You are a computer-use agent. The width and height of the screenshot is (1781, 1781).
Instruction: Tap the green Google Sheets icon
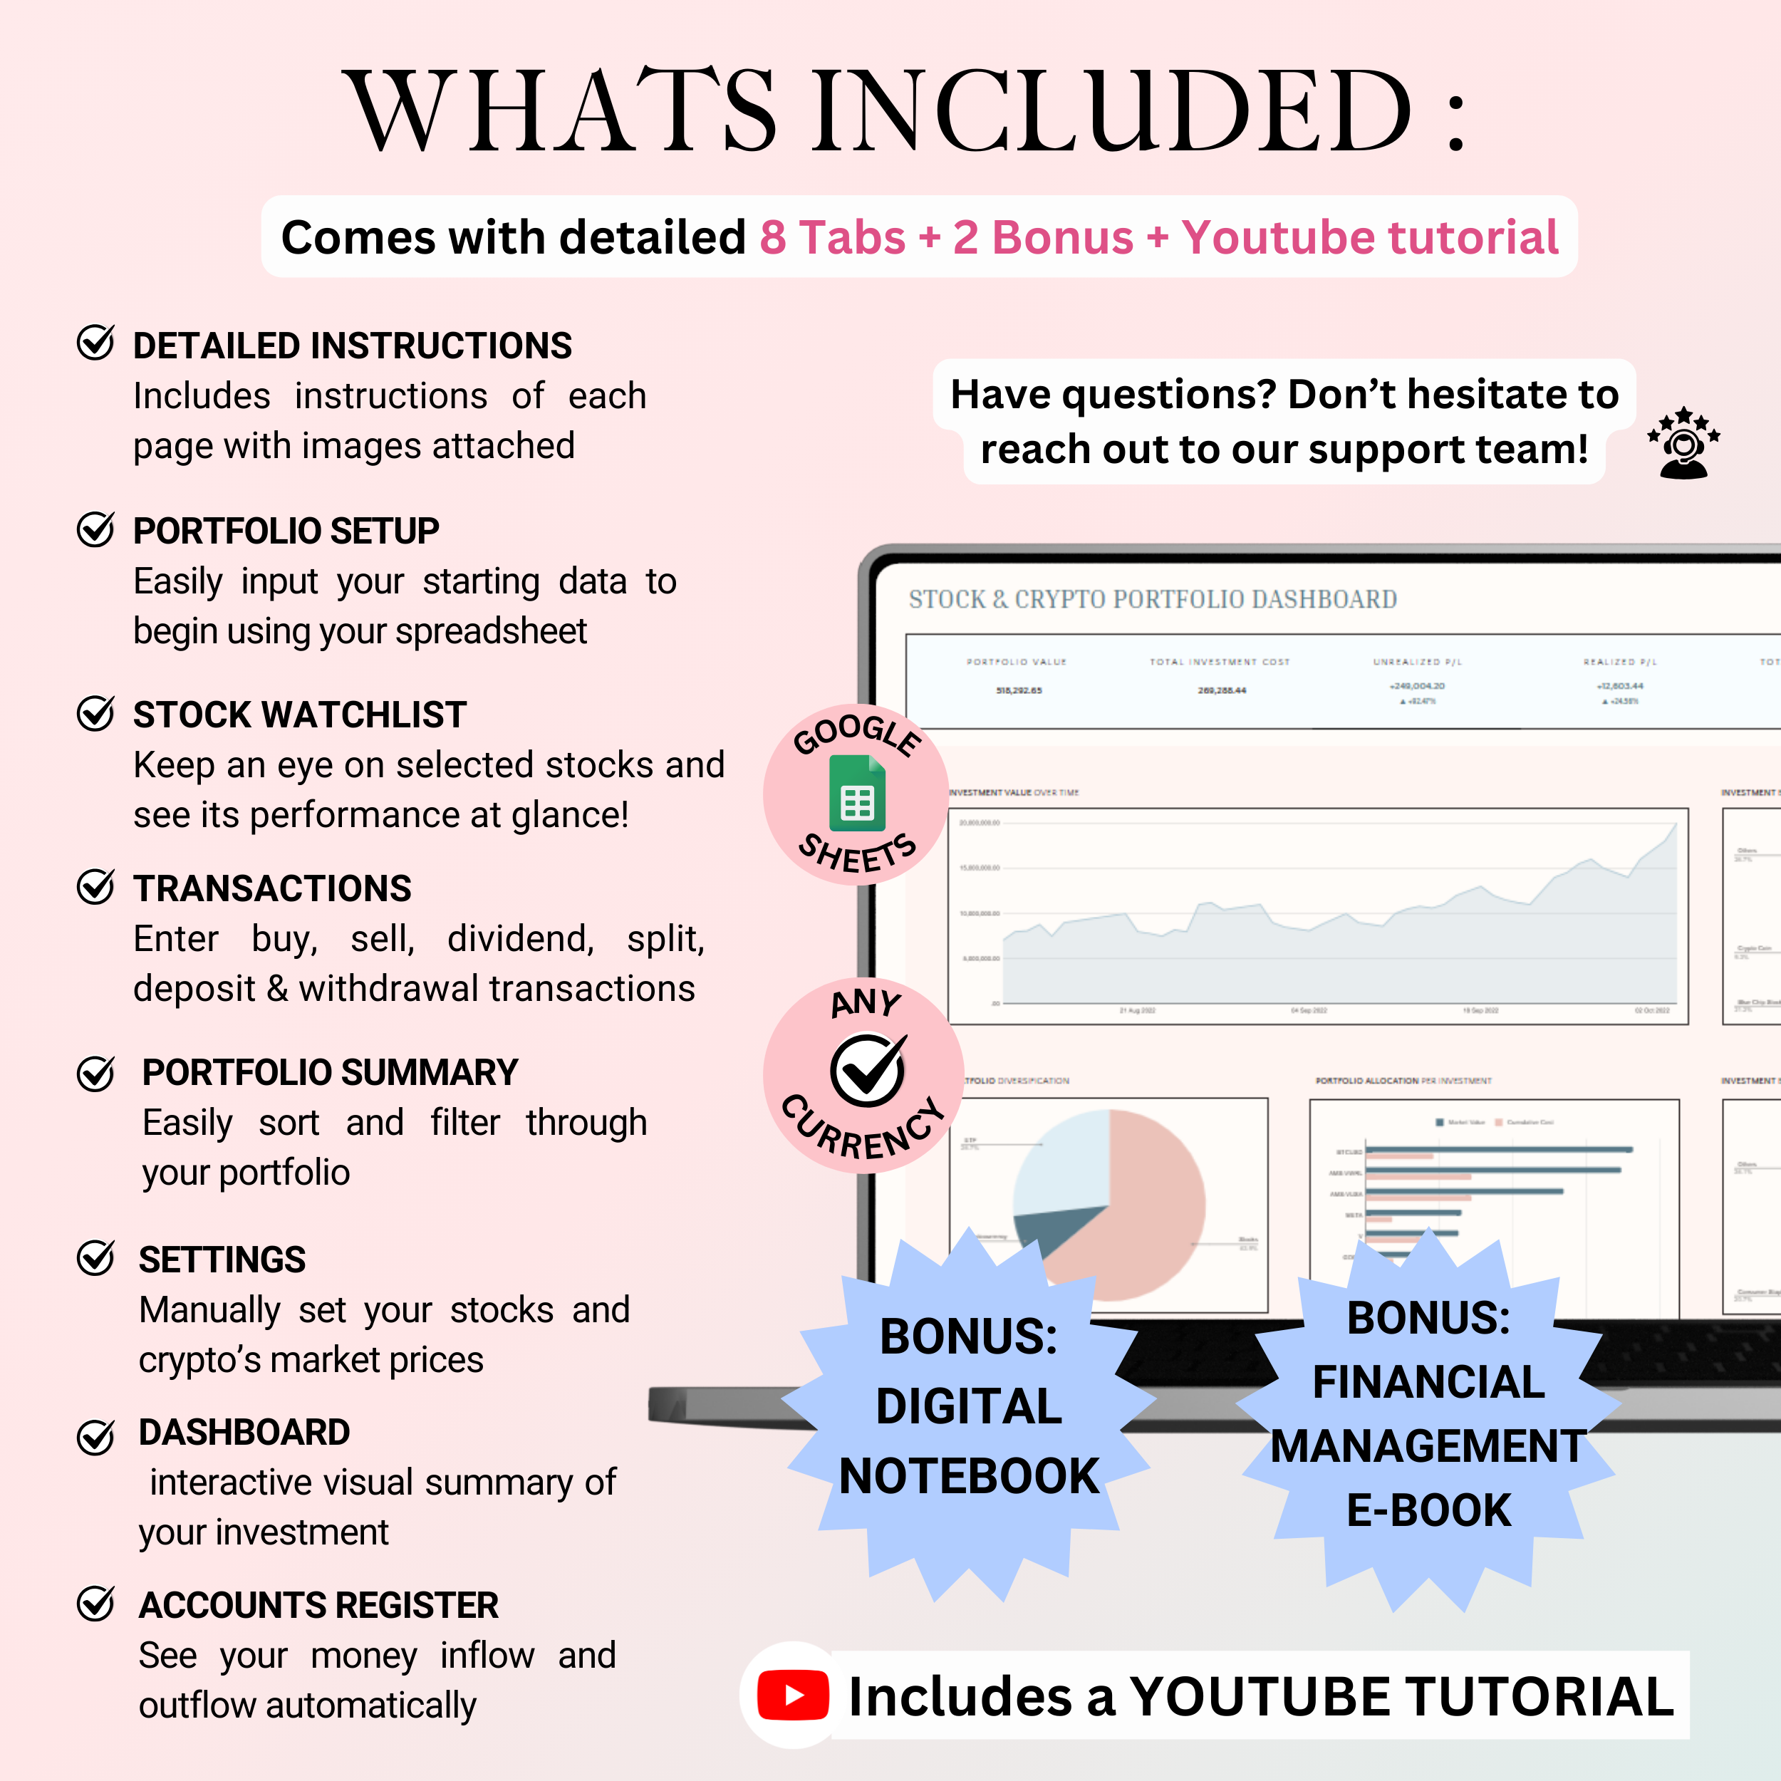tap(856, 794)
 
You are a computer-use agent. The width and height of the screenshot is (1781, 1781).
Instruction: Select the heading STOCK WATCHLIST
tap(300, 715)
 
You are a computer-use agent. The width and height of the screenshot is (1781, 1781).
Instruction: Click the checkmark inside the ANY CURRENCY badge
tap(866, 1069)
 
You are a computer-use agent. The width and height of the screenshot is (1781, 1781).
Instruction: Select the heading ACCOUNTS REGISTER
tap(318, 1605)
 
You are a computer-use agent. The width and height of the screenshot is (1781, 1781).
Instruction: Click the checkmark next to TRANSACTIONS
tap(95, 887)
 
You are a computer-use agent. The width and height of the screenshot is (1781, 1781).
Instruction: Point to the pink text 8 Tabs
tap(832, 238)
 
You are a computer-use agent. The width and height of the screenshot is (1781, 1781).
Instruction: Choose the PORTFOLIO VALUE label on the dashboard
tap(1016, 662)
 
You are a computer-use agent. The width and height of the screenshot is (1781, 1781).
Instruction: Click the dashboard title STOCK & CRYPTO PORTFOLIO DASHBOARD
tap(1152, 599)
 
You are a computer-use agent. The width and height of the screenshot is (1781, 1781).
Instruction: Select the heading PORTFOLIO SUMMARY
tap(329, 1072)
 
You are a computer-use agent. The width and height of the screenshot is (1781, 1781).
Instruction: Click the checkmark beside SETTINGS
tap(95, 1257)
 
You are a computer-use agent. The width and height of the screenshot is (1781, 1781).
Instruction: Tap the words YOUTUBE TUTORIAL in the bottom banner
tap(1401, 1696)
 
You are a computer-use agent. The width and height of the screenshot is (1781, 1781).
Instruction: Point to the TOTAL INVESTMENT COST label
tap(1220, 662)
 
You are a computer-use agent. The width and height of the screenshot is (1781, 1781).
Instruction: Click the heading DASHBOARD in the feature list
tap(244, 1432)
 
